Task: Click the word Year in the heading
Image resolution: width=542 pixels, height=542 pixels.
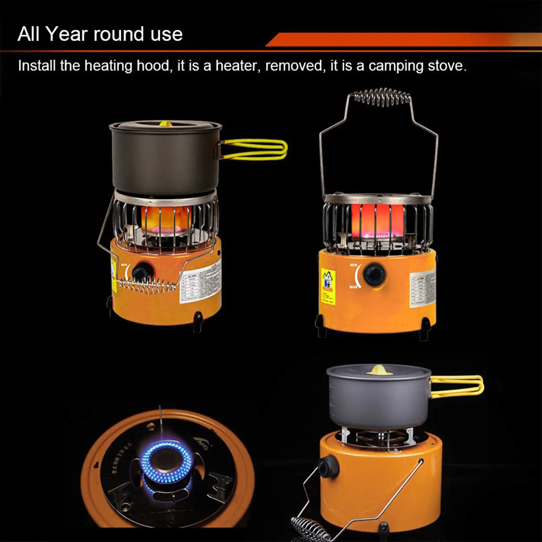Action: [x=66, y=34]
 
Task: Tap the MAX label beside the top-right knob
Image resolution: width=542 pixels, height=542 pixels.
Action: [x=353, y=287]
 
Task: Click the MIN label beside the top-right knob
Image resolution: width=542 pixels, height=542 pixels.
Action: [x=353, y=265]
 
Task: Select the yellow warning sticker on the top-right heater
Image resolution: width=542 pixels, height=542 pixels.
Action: [x=328, y=287]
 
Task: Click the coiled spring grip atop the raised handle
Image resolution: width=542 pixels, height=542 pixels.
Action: [x=383, y=97]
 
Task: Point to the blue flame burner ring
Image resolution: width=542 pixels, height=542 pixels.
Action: [x=166, y=462]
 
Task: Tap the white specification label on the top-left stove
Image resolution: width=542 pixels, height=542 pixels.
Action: [x=200, y=283]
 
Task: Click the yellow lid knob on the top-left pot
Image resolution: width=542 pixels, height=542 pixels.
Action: [x=165, y=124]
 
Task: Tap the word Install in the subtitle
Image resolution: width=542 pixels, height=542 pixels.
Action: [x=37, y=66]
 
